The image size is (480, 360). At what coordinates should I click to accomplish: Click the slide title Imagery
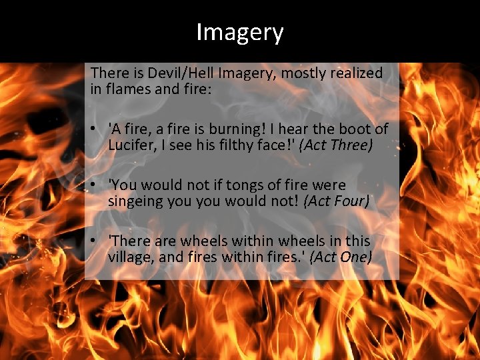(240, 32)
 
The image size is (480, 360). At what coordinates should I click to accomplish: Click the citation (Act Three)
(335, 145)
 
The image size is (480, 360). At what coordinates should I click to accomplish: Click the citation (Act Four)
(336, 200)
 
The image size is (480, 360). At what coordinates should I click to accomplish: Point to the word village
(129, 256)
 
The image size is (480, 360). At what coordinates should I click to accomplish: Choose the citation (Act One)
(341, 256)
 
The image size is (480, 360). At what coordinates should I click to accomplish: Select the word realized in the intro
(359, 73)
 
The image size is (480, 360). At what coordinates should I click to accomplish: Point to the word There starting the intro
(107, 73)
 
